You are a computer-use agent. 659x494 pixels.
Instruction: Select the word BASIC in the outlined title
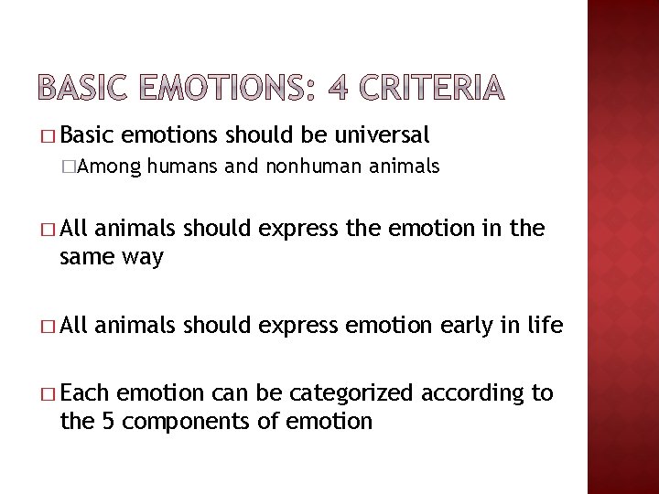point(80,88)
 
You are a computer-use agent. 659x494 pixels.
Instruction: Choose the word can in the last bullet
point(217,394)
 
